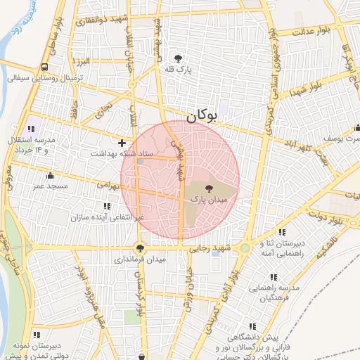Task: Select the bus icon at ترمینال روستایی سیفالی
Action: point(45,67)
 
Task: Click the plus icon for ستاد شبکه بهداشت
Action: point(122,142)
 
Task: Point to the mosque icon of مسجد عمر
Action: point(50,176)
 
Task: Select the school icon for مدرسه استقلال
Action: point(31,129)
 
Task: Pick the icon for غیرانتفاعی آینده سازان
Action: point(107,206)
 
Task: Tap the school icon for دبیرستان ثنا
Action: point(282,233)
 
